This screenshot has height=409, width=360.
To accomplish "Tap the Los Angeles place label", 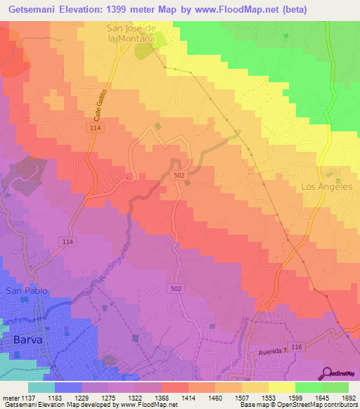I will (x=326, y=186).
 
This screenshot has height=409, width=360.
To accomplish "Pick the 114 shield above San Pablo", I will (x=67, y=242).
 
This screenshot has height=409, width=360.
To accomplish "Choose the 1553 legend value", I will (x=259, y=396).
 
